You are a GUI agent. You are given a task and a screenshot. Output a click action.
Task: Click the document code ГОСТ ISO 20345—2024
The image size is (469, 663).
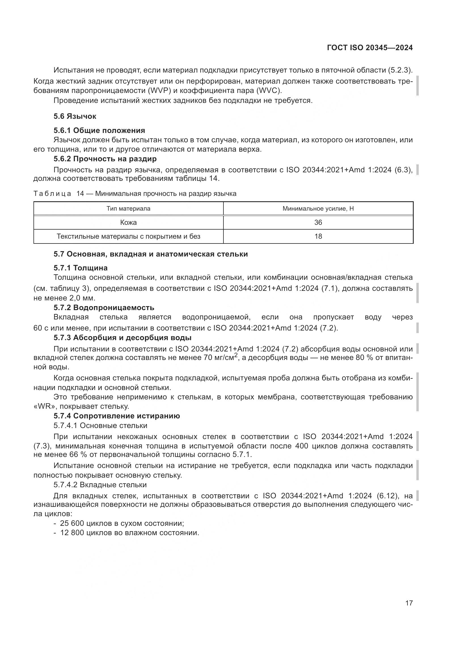tap(370, 48)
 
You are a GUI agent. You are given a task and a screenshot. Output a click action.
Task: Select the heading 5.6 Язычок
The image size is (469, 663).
tap(75, 116)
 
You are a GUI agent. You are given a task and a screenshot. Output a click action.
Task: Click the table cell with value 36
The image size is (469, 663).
tap(318, 222)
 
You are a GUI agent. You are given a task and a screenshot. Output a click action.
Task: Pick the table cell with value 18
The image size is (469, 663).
tap(318, 236)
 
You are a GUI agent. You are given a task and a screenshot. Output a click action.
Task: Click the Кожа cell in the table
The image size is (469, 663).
tap(128, 222)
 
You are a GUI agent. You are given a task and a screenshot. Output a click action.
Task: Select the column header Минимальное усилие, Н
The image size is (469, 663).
tap(318, 209)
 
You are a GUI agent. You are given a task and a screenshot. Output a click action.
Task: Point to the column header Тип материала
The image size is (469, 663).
tap(128, 209)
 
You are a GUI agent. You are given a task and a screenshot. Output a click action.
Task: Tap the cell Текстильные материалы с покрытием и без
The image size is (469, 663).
tap(128, 236)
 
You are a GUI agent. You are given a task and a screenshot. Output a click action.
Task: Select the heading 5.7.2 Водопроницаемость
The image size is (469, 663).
tap(104, 308)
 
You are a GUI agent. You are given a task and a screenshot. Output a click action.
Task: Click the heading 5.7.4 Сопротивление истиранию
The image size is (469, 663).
tap(117, 416)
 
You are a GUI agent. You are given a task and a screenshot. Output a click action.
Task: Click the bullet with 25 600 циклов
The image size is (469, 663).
tap(121, 523)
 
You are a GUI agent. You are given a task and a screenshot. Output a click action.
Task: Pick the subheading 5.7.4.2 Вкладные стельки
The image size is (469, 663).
tap(100, 484)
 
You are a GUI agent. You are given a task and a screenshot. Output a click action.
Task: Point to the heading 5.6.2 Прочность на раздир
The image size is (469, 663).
tap(105, 159)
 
